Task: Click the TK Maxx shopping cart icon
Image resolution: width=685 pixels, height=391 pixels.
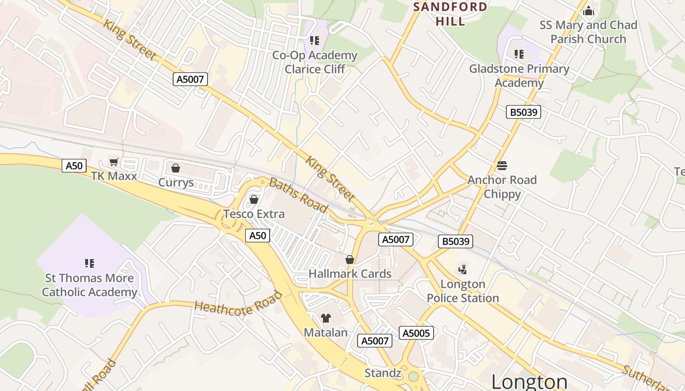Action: click(x=114, y=162)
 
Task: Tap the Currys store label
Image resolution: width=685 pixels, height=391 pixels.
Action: click(x=176, y=183)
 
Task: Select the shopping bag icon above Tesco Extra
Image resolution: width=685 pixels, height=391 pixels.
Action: click(x=253, y=199)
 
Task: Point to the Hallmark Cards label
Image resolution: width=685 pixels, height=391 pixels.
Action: click(x=350, y=274)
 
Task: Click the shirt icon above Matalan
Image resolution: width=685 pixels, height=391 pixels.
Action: click(x=326, y=318)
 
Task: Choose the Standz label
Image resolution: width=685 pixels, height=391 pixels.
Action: click(x=383, y=373)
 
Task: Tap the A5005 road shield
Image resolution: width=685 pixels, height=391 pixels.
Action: click(x=416, y=333)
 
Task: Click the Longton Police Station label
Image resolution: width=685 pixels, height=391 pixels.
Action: click(x=462, y=291)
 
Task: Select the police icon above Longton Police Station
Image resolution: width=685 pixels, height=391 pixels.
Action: click(x=462, y=269)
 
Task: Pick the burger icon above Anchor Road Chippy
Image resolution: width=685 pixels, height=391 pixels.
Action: click(x=502, y=165)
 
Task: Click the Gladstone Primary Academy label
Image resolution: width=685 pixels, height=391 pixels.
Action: click(x=519, y=76)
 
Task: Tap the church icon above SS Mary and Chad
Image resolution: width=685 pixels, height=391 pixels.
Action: click(x=589, y=10)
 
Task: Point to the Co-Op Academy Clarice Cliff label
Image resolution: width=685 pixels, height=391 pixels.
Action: click(x=315, y=62)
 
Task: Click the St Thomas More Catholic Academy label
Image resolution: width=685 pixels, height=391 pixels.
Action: click(x=90, y=285)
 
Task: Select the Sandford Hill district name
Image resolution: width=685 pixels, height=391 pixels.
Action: click(x=450, y=14)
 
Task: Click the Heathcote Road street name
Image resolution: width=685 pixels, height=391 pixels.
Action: click(x=239, y=304)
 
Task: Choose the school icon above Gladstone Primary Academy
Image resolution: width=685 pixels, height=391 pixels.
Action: click(x=519, y=54)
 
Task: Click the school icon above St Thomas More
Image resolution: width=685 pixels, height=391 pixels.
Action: click(x=90, y=263)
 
